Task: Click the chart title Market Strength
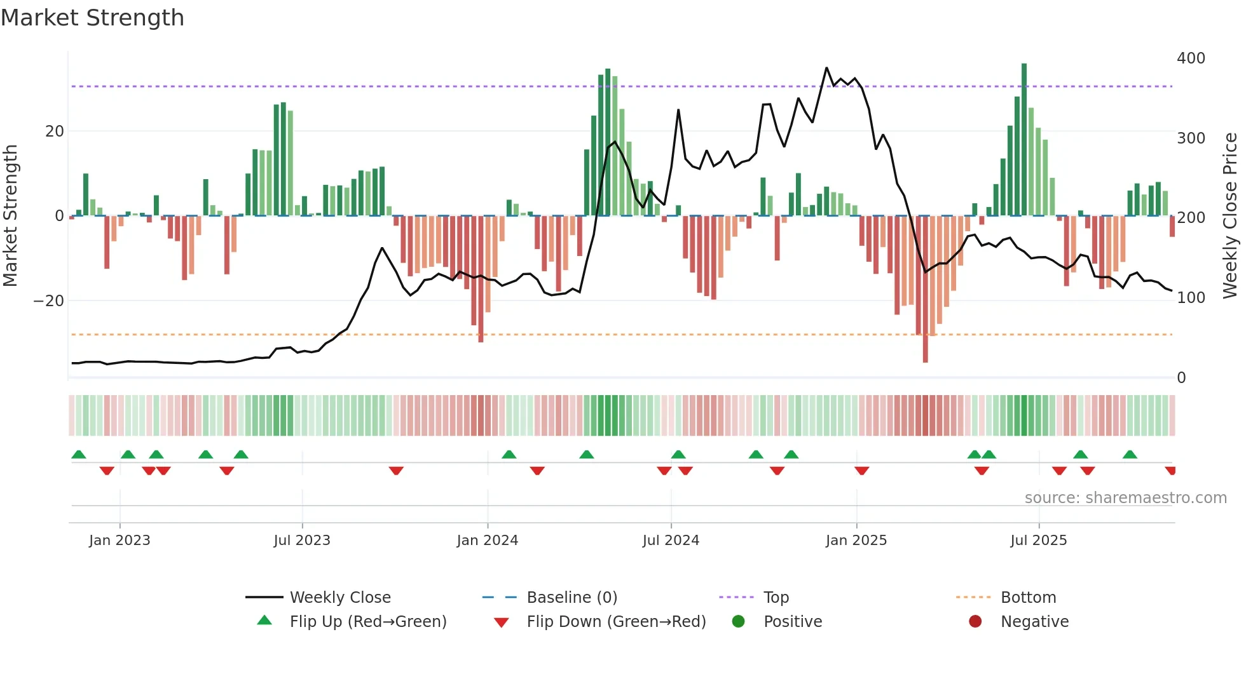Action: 92,18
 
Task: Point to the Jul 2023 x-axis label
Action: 302,541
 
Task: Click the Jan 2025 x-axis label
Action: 856,541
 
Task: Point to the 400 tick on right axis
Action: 1191,58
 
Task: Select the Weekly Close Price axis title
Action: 1230,216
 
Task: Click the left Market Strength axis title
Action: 11,216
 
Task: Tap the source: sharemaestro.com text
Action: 1125,498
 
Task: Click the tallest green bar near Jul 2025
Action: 1024,140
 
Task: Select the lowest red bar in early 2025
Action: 926,289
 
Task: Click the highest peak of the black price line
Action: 826,68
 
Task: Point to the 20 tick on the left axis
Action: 55,131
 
